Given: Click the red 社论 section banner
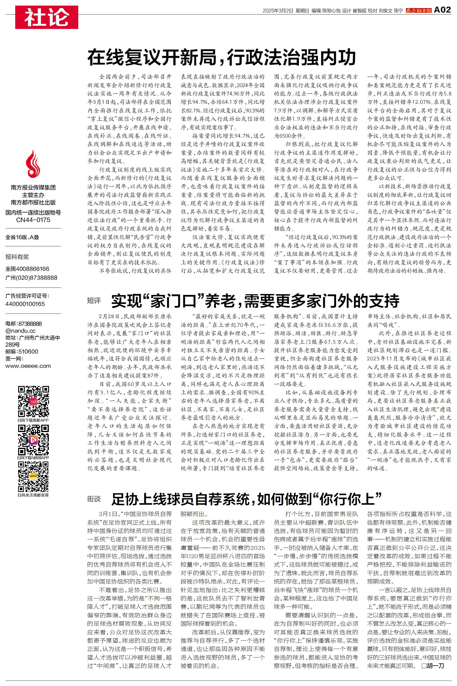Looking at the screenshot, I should [47, 17].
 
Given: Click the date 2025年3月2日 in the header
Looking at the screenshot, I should [277, 11].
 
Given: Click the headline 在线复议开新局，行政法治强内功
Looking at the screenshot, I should [222, 57].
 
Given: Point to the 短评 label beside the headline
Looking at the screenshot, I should [94, 301].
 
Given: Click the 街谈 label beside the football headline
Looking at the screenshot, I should [94, 499].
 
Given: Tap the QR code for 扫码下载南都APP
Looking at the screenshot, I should [33, 401].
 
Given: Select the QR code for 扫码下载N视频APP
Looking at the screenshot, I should [33, 440].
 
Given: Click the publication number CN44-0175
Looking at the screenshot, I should [33, 220].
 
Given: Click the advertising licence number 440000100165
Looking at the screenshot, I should [25, 304].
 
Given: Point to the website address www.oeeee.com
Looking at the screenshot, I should [28, 366].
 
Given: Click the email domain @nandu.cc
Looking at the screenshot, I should [20, 330].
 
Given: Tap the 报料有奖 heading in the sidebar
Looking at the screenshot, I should [17, 257].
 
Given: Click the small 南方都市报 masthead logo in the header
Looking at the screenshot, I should [418, 11].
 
